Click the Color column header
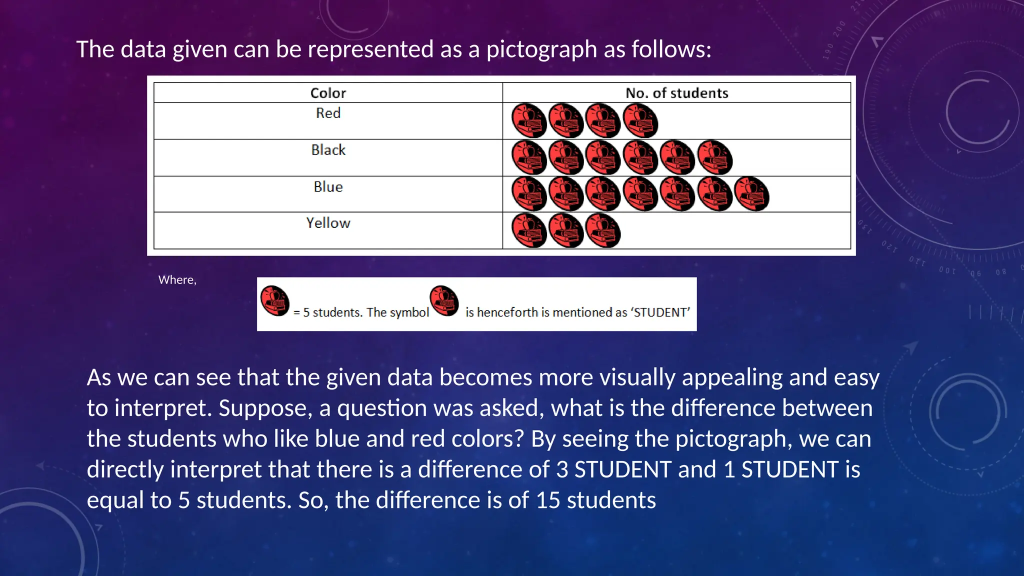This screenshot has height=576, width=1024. (328, 93)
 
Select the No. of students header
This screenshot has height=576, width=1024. (676, 93)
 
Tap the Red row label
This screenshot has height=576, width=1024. (328, 113)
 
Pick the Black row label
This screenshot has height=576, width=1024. (328, 150)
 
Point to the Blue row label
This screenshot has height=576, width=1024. (328, 187)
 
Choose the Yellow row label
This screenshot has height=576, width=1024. (328, 223)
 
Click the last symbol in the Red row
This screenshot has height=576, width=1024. (640, 121)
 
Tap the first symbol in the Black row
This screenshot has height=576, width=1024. (529, 157)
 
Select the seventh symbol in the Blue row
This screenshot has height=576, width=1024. (751, 194)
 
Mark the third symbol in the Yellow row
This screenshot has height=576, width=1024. (603, 230)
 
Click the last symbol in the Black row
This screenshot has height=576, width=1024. (714, 157)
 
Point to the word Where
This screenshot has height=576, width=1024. (176, 280)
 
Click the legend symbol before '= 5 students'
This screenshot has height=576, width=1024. (275, 301)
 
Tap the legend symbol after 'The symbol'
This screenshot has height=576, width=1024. (444, 301)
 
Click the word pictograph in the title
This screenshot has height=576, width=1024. (541, 49)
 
